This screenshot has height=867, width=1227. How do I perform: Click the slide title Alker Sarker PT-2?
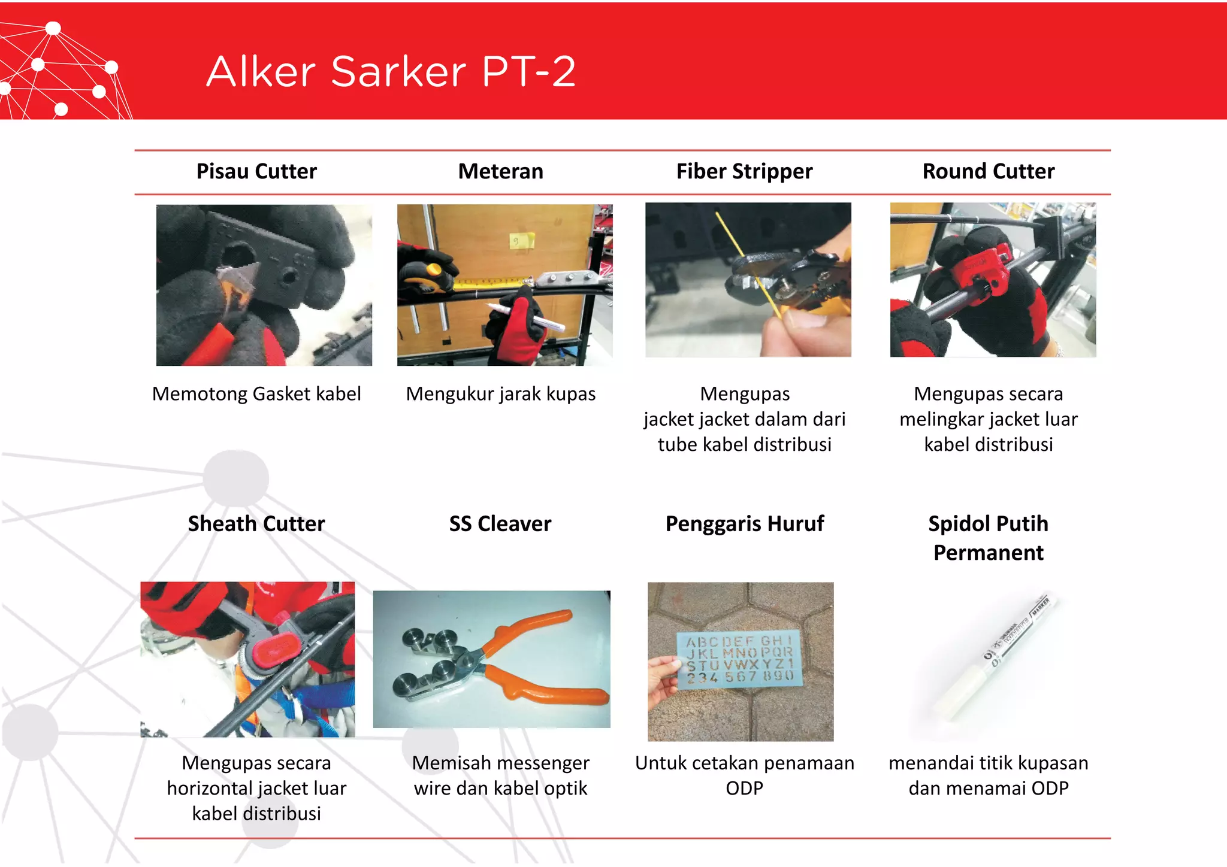(391, 72)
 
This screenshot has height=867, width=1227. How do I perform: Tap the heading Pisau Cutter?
(256, 172)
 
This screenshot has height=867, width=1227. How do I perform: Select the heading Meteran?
(500, 172)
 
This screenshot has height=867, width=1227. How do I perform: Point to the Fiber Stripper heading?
(744, 172)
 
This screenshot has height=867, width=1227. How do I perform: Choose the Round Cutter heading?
(988, 172)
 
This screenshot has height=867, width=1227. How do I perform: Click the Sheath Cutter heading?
(256, 524)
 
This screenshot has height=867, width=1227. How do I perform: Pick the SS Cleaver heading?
(500, 524)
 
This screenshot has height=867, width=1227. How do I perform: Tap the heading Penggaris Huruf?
(744, 524)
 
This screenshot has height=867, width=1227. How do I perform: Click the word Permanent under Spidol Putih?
(988, 553)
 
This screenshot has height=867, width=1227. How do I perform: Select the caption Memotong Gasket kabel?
(256, 394)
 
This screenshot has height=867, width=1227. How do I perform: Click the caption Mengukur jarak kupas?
(500, 394)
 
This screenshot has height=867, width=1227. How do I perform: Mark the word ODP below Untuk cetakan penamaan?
(744, 789)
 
